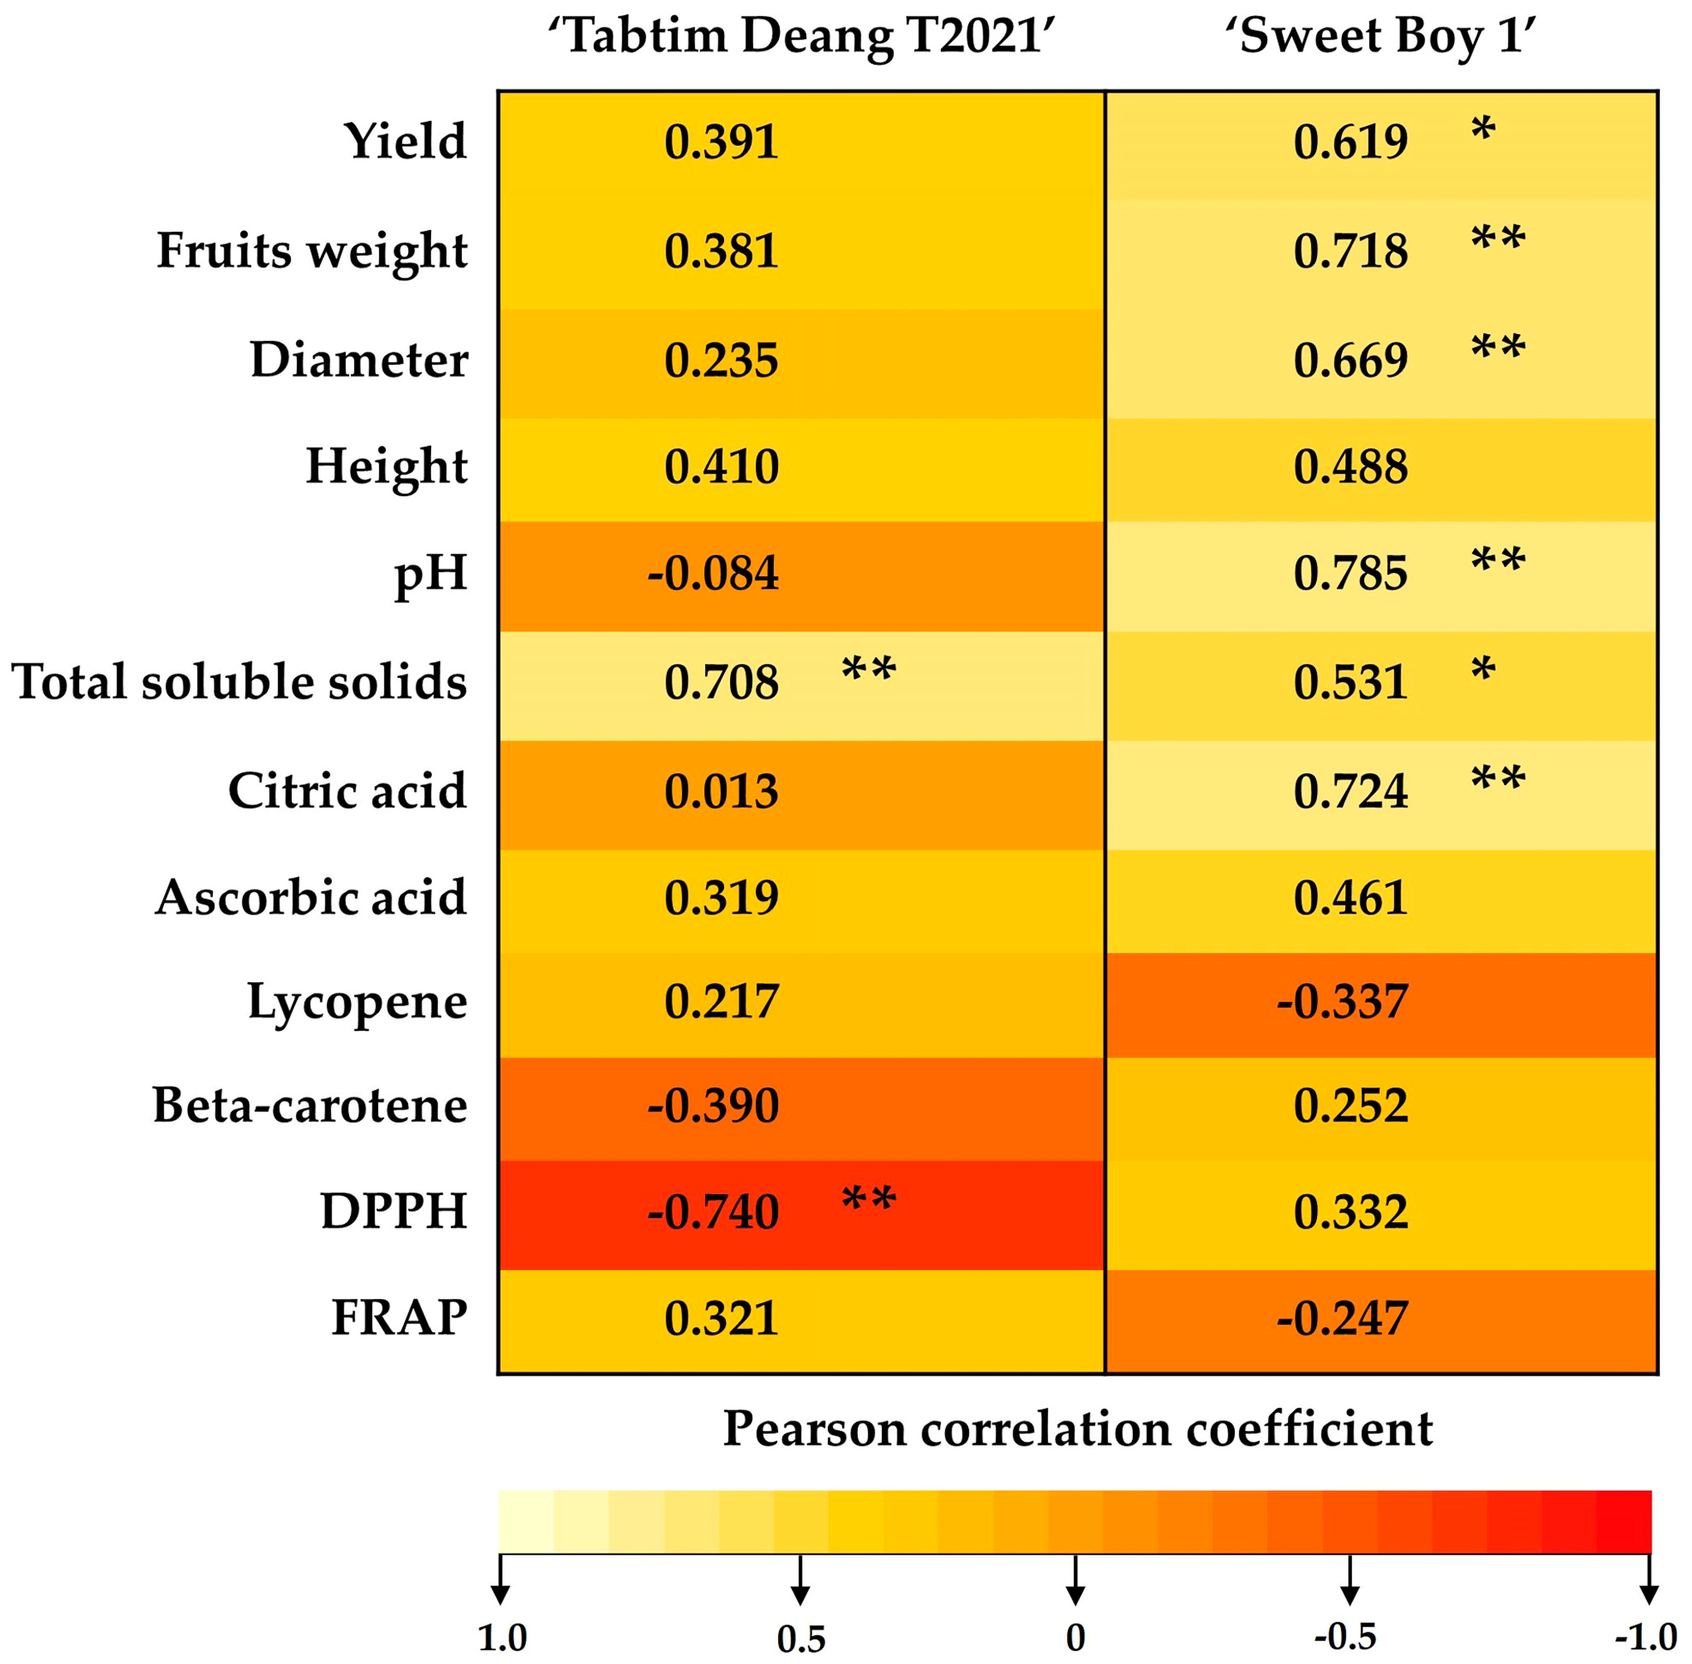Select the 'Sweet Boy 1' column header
point(1387,37)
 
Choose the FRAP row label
point(399,1318)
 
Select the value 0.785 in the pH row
point(1350,573)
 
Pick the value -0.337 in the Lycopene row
point(1342,1001)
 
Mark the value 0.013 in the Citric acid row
point(720,791)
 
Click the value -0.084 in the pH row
point(713,573)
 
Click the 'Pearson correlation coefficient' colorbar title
point(1078,1430)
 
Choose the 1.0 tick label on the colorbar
point(502,1637)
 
